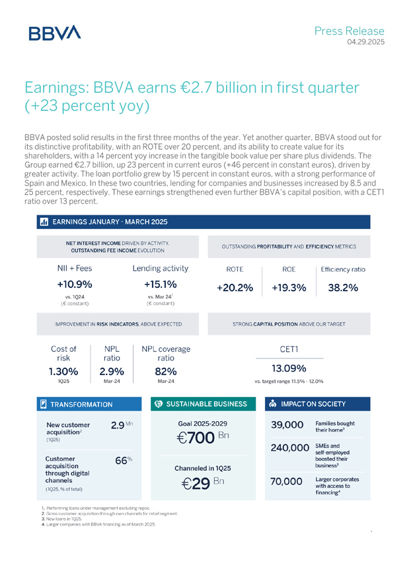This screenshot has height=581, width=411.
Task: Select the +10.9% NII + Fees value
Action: pyautogui.click(x=75, y=285)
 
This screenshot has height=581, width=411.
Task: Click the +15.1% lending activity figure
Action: pyautogui.click(x=161, y=285)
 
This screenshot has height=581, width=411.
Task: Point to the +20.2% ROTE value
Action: pyautogui.click(x=235, y=288)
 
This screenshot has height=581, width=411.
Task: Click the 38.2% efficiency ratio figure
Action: pyautogui.click(x=343, y=288)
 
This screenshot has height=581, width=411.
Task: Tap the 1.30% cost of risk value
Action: pyautogui.click(x=65, y=371)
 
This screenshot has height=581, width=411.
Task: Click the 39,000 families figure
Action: pyautogui.click(x=287, y=425)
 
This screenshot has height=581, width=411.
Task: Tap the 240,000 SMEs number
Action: pyautogui.click(x=290, y=449)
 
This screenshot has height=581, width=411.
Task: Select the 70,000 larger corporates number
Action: pyautogui.click(x=287, y=483)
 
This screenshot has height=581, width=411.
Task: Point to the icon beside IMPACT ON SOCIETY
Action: pyautogui.click(x=274, y=403)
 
